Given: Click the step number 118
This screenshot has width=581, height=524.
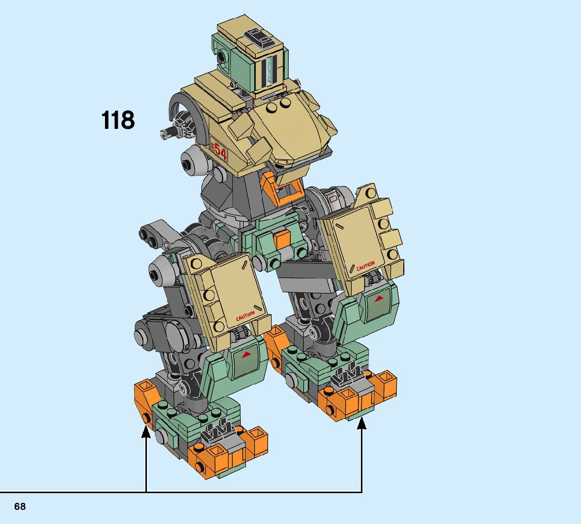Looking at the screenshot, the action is [x=118, y=120].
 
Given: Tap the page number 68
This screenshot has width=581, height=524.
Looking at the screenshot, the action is [x=20, y=507].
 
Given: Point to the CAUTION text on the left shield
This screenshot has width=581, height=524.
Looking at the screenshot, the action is [x=245, y=316].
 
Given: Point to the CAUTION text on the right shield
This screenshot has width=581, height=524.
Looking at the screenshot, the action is [x=365, y=266].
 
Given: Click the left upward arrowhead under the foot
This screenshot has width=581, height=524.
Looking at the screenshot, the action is [x=146, y=432].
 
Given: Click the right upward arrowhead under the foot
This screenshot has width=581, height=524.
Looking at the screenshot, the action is [x=361, y=423].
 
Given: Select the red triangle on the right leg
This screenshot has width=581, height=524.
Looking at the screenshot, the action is [x=379, y=299].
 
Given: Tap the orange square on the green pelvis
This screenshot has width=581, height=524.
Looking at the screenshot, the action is [x=281, y=239].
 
